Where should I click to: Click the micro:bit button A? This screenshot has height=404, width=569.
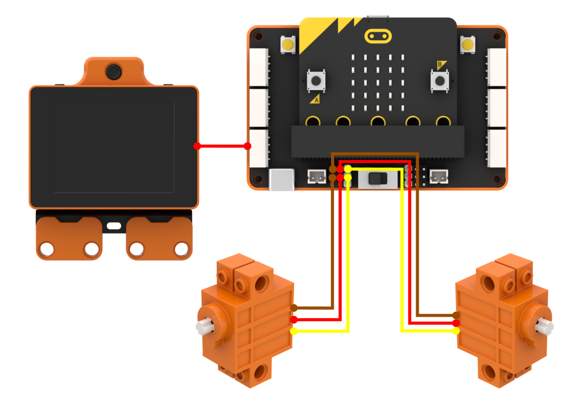(316, 81)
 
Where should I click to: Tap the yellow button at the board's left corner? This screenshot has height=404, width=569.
(288, 45)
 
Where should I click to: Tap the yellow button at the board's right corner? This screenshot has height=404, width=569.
(468, 45)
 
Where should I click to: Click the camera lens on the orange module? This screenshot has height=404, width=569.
(114, 72)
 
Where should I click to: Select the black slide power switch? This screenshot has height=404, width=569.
(378, 178)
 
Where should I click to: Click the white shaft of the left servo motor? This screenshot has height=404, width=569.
(205, 326)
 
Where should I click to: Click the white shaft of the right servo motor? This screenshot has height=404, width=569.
(544, 326)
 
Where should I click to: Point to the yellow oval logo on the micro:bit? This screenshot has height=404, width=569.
(378, 36)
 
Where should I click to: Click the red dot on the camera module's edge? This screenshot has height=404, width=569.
(197, 146)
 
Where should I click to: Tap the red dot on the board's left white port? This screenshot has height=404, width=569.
(247, 146)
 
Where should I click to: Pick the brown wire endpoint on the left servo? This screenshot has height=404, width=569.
(294, 308)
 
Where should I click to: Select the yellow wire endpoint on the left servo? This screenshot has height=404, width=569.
(294, 331)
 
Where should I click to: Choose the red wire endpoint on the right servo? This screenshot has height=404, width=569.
(456, 323)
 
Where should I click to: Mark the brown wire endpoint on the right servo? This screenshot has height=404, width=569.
(456, 315)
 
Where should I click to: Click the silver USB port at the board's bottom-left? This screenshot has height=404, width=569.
(282, 180)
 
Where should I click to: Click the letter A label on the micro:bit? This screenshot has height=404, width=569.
(316, 100)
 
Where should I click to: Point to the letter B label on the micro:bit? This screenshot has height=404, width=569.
(440, 64)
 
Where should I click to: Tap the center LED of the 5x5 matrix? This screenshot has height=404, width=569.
(378, 83)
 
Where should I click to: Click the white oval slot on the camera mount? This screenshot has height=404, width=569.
(114, 226)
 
